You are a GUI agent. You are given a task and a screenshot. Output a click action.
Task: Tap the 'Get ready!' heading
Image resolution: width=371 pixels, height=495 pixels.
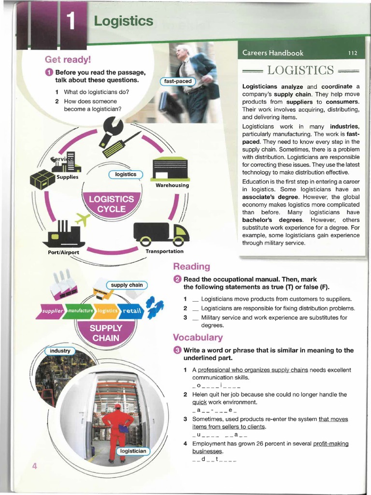(68, 60)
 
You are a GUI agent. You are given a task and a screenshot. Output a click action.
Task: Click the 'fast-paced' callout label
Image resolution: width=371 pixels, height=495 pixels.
(177, 81)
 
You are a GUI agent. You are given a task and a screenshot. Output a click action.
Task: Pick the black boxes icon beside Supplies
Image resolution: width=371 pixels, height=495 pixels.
(43, 179)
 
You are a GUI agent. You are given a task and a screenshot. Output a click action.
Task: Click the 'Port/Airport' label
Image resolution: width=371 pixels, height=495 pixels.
(60, 252)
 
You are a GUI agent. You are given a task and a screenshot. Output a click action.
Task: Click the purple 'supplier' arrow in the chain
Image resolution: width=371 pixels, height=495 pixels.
(51, 311)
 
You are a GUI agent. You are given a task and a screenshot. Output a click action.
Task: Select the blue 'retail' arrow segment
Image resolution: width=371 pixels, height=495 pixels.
(131, 311)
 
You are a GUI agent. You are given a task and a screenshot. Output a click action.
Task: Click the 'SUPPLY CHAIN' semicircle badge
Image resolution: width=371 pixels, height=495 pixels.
(106, 332)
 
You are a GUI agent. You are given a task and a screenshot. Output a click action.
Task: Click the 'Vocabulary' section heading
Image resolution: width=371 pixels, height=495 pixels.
(198, 337)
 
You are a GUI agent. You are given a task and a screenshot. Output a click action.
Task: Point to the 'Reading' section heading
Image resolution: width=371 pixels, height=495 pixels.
(191, 267)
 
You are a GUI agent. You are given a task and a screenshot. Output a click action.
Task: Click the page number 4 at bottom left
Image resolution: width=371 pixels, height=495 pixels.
(34, 466)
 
